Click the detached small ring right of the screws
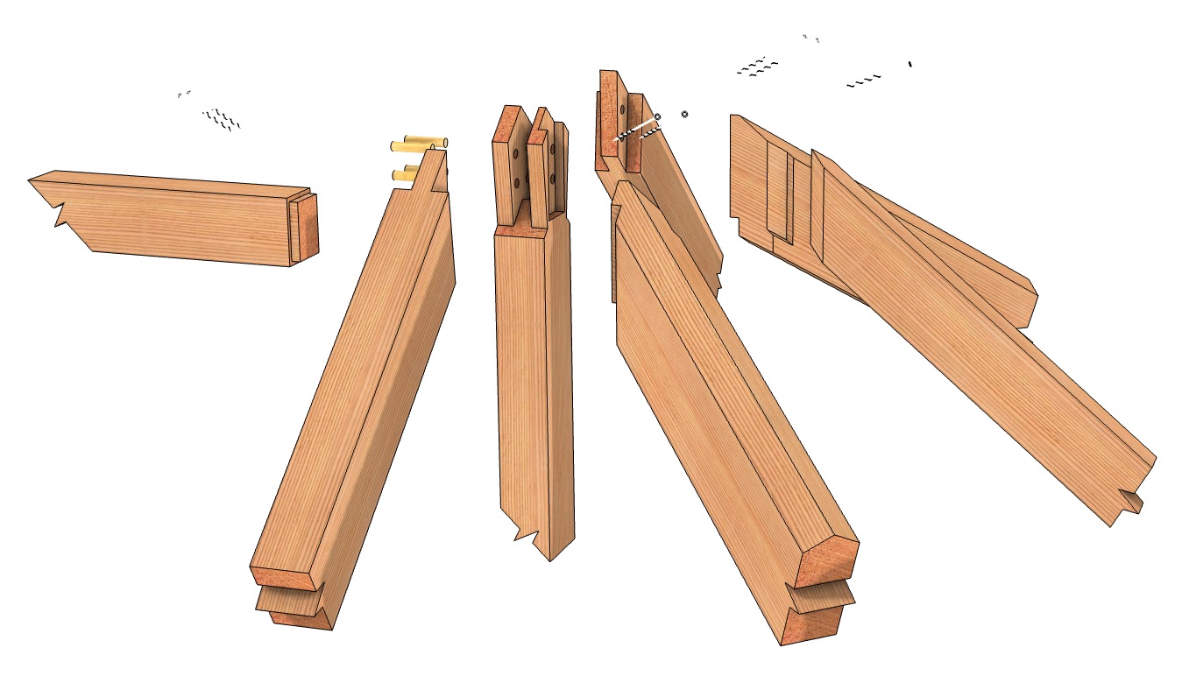[684, 114]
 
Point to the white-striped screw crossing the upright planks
[638, 130]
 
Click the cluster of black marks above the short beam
[221, 119]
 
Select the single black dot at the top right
[910, 63]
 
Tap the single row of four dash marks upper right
[864, 82]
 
